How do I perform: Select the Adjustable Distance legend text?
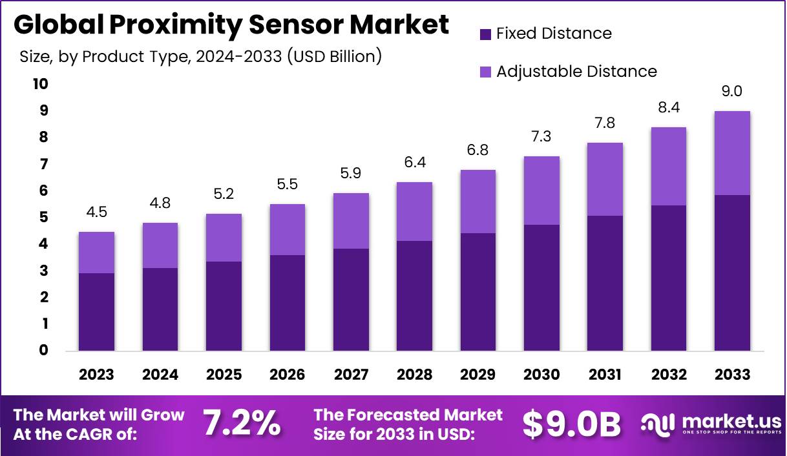coord(576,72)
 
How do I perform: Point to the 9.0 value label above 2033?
coord(732,92)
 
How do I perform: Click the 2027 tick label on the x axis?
coord(350,375)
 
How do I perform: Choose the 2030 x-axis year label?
coord(541,375)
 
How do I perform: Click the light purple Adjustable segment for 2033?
coord(732,153)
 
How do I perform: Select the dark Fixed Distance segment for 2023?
coord(96,312)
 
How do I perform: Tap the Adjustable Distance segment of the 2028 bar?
coord(414,211)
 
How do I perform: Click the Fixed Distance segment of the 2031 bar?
coord(605,283)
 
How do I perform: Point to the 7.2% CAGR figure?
coord(242,423)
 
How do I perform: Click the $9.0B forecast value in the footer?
coord(571,424)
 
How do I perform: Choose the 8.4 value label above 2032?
coord(668,107)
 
